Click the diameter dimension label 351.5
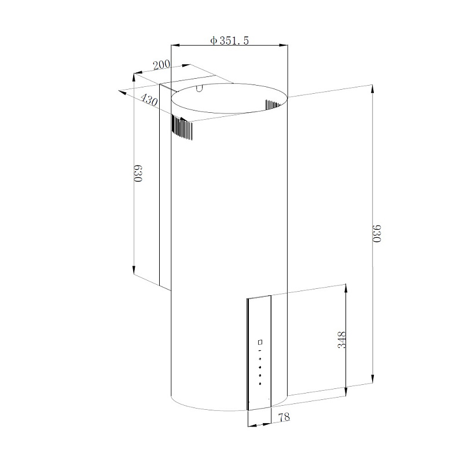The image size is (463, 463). (x=234, y=41)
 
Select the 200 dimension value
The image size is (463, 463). (x=162, y=64)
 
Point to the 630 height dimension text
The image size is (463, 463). (x=138, y=174)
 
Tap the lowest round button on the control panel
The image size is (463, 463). (x=260, y=383)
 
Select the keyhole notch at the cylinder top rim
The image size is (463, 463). (x=200, y=89)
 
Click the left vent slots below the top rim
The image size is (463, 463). (x=182, y=128)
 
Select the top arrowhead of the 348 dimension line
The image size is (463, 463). (x=346, y=287)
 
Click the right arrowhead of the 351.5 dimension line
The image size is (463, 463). (x=284, y=45)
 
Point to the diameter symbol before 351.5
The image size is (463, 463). (x=213, y=41)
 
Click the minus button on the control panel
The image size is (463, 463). (x=260, y=351)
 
